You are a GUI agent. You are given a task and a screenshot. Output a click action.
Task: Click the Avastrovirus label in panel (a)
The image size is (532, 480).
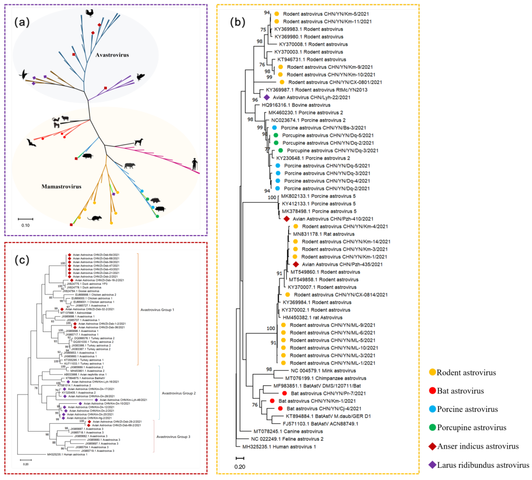(x=112, y=55)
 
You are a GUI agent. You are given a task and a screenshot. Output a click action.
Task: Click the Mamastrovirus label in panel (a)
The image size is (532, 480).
(x=61, y=186)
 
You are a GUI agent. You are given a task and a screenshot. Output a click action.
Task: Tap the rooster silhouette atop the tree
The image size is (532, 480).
(x=90, y=13)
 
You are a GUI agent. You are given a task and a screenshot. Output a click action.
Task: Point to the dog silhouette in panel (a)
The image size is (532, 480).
(x=138, y=142)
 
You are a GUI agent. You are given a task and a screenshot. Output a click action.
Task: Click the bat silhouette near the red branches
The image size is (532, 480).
(x=31, y=143)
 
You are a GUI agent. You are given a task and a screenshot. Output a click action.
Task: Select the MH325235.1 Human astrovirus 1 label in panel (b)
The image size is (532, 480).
(x=279, y=447)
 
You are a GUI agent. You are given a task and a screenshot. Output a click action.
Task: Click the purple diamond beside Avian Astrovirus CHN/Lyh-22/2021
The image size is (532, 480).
(x=267, y=97)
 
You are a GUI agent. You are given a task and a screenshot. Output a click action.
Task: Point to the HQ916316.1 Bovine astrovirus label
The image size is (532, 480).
(x=296, y=105)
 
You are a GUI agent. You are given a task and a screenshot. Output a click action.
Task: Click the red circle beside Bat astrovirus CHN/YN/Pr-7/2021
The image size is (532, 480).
(x=284, y=393)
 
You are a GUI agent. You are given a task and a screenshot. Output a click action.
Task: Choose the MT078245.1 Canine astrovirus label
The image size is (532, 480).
(x=288, y=431)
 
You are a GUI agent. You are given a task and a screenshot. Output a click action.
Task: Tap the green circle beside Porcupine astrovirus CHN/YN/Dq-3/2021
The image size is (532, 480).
(x=281, y=150)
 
